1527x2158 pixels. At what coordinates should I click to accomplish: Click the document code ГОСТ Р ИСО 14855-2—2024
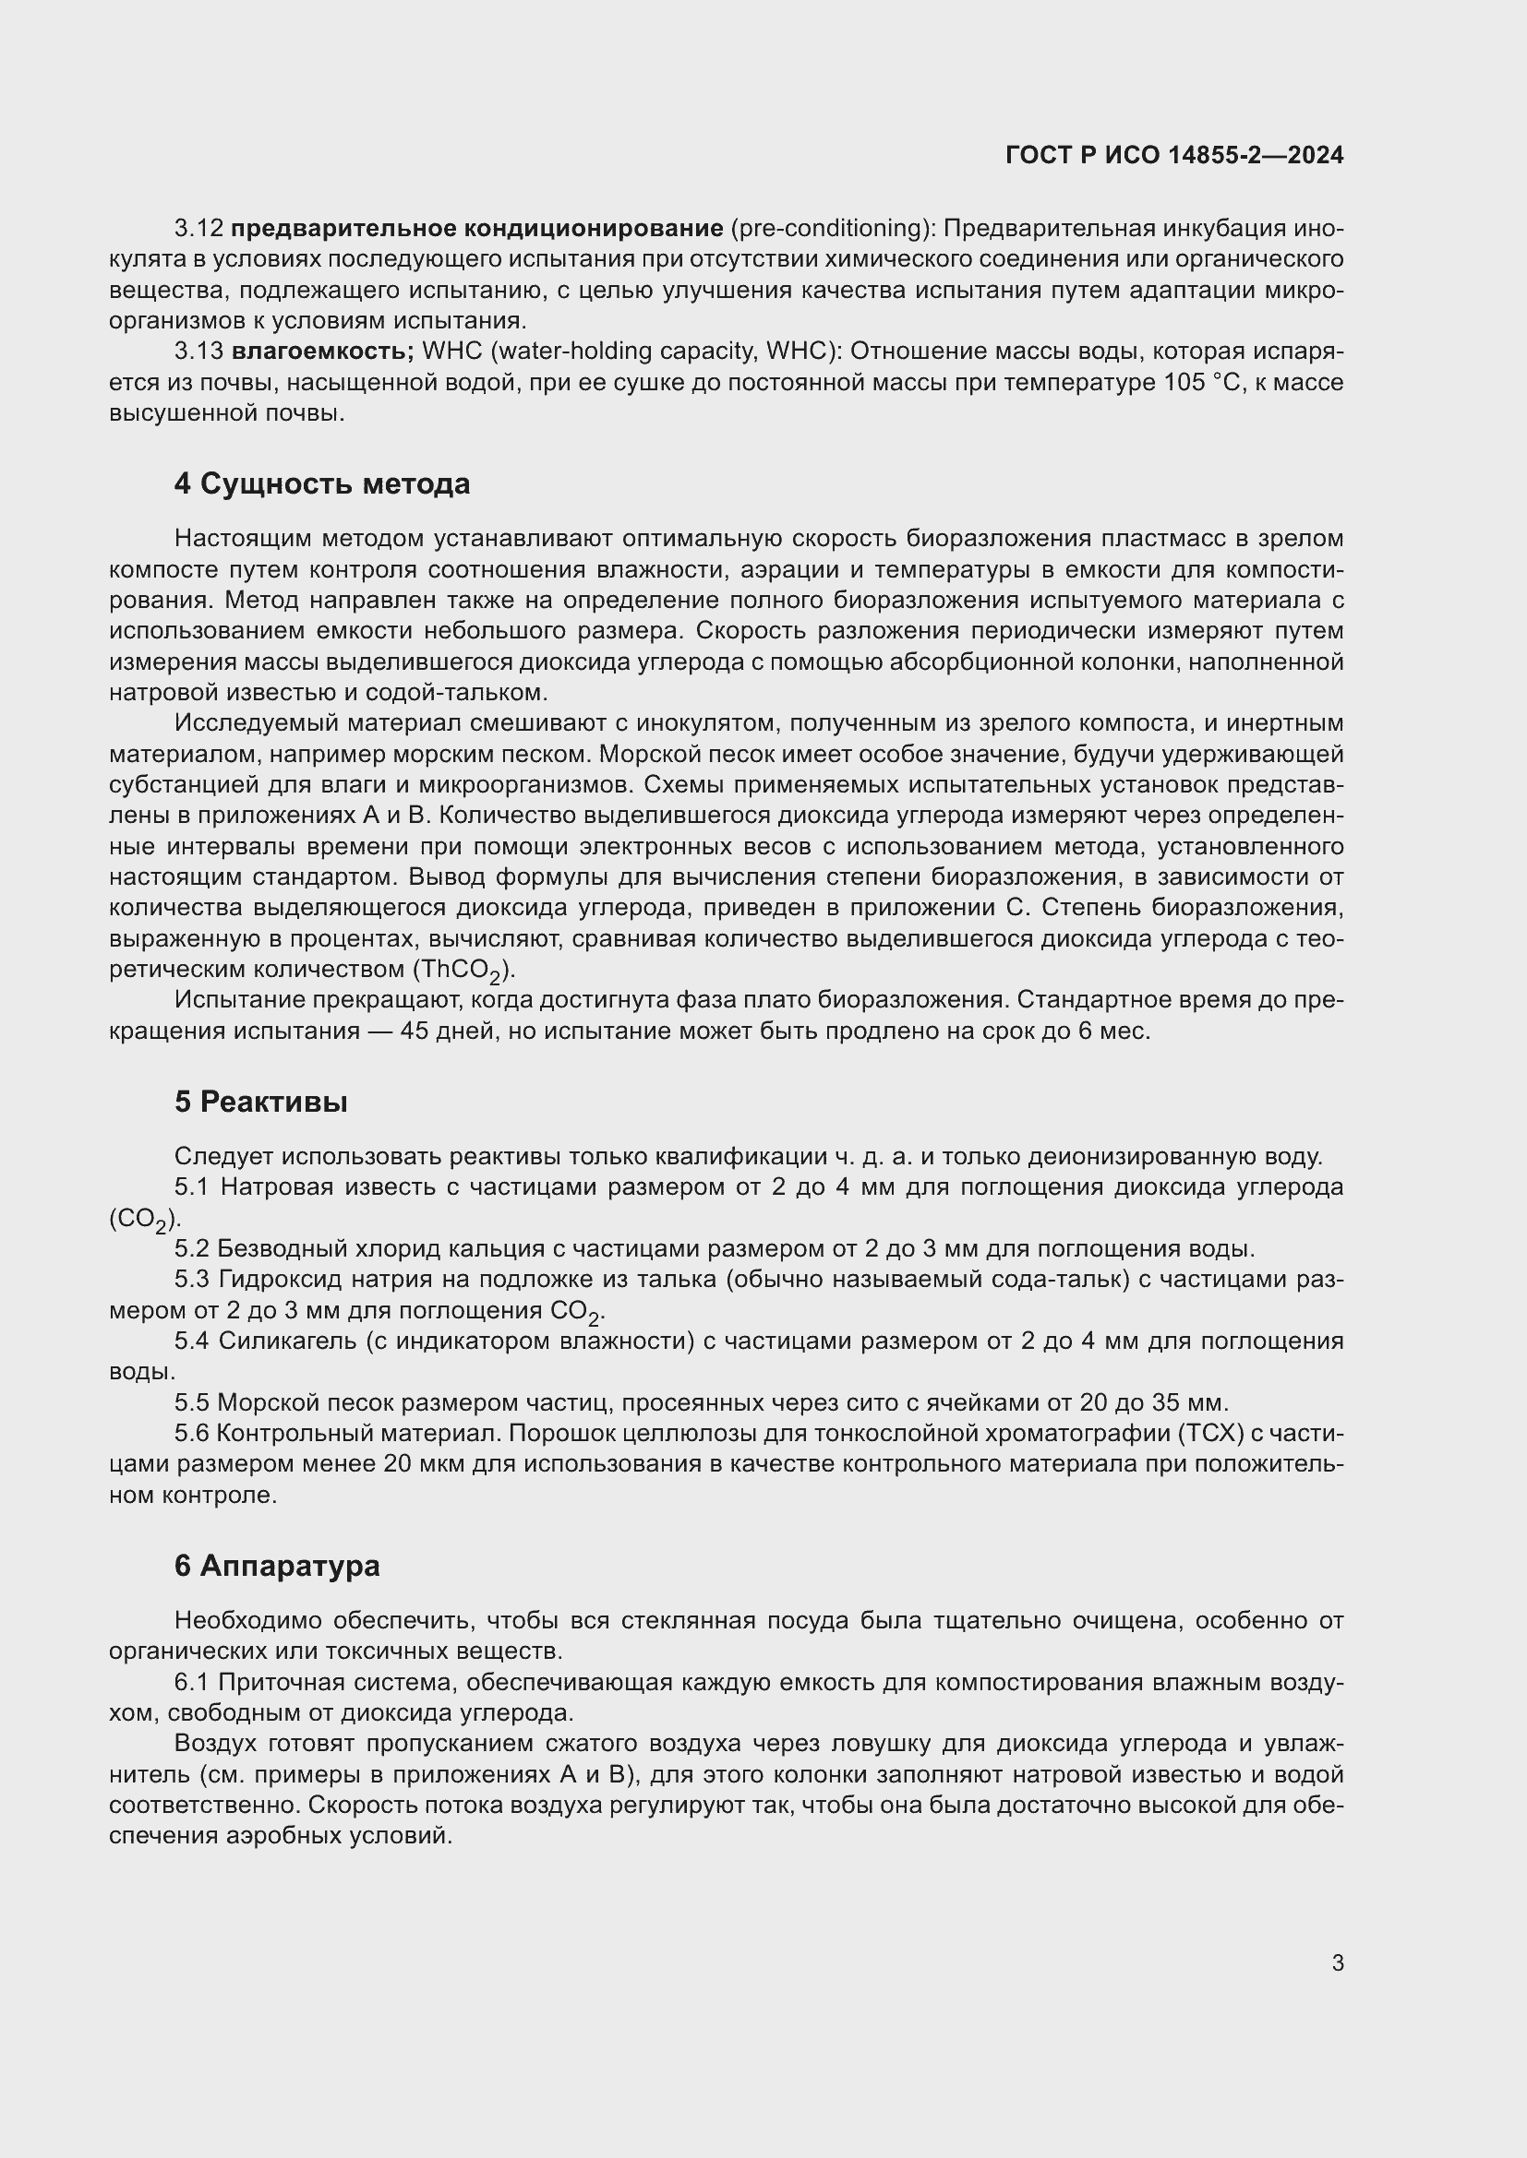1173,155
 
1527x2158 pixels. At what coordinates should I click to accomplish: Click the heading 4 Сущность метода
321,484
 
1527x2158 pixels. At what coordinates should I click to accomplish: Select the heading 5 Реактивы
260,1102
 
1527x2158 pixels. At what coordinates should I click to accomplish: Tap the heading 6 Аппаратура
276,1566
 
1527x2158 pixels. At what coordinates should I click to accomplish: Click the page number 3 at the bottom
1337,1962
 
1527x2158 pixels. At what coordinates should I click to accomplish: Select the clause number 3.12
198,229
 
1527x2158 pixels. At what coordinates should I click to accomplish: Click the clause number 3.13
198,352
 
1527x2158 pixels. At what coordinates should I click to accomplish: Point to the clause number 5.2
192,1249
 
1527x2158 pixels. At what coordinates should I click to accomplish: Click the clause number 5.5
192,1403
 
